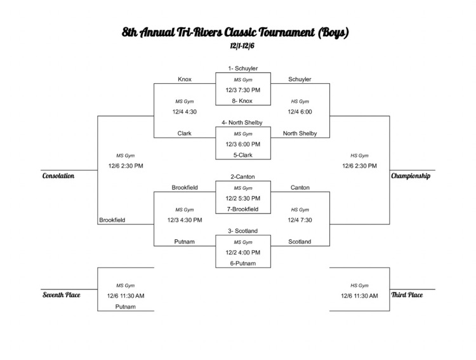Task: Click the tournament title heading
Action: (235, 31)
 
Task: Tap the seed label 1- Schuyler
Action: (243, 68)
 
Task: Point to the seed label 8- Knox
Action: (243, 101)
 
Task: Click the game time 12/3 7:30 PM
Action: (243, 90)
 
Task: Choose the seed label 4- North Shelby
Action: (242, 123)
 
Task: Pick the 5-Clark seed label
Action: (243, 155)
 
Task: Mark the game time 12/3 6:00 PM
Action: (243, 144)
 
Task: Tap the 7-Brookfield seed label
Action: (243, 210)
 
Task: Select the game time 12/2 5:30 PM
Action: (243, 199)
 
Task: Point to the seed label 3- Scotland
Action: (243, 231)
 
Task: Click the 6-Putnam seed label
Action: (243, 263)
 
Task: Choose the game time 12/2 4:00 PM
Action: (243, 253)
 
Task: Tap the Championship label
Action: (411, 176)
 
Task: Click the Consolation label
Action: (58, 176)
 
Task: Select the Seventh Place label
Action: (61, 295)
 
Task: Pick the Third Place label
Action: (407, 295)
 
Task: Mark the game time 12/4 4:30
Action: (185, 112)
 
